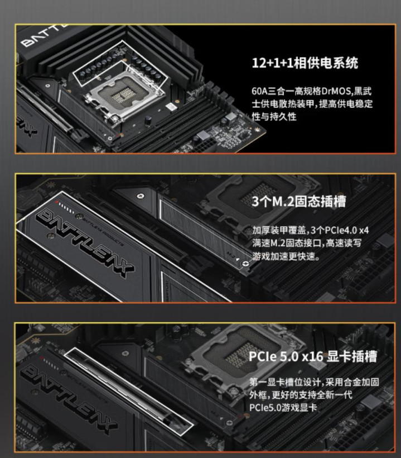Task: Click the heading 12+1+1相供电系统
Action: (x=305, y=63)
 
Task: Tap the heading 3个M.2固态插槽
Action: (x=298, y=202)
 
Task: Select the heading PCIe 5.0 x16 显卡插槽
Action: (x=313, y=357)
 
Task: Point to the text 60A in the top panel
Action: (x=259, y=91)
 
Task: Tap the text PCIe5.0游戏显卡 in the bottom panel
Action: (x=283, y=408)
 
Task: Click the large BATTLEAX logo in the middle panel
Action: (x=85, y=242)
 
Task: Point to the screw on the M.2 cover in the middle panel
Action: (x=245, y=264)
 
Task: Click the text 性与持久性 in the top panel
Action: (x=274, y=117)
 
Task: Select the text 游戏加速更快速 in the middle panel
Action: (x=284, y=256)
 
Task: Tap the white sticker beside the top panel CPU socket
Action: (x=172, y=107)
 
